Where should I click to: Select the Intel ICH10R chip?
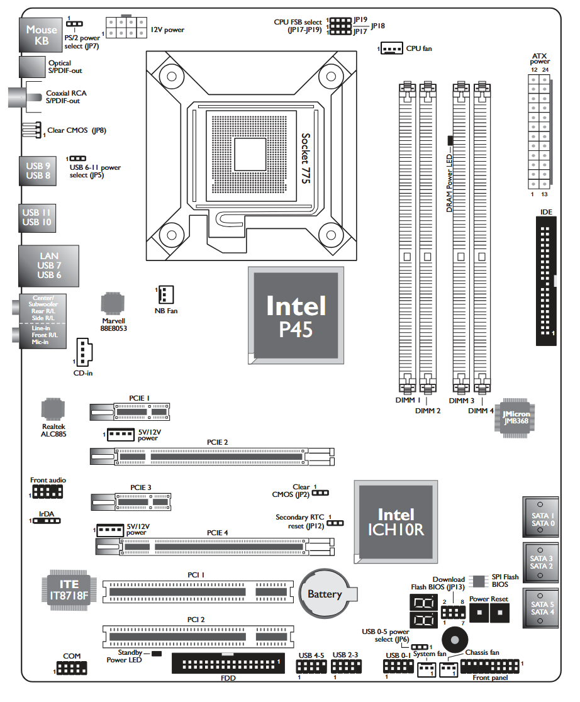point(396,521)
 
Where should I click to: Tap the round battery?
point(325,594)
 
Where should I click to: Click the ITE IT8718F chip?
point(69,589)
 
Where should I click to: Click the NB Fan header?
point(165,294)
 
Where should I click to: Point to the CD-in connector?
point(83,352)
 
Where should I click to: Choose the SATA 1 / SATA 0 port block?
point(542,518)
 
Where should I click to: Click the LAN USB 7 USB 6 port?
point(49,266)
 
